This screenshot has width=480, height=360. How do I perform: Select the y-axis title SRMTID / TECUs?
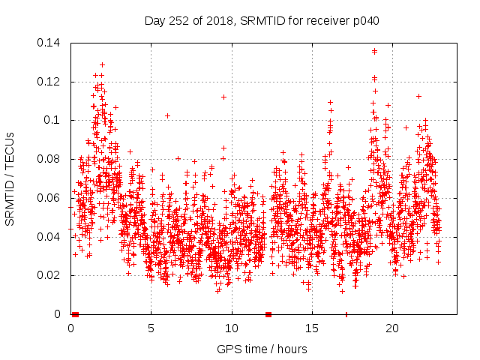(x=10, y=178)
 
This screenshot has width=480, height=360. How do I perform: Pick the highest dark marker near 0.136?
(x=374, y=51)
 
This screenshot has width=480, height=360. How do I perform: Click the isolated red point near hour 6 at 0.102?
(x=167, y=115)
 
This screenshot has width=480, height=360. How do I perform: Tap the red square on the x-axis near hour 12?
(x=268, y=314)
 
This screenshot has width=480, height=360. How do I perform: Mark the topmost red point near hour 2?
(x=102, y=64)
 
